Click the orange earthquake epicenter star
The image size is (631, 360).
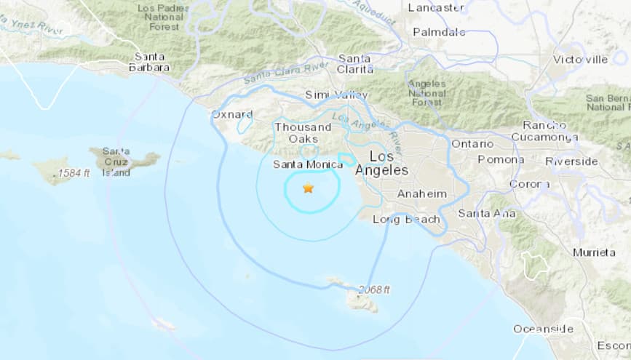click(x=308, y=188)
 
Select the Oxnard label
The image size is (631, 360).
click(x=231, y=114)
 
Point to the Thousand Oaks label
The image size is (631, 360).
click(x=298, y=133)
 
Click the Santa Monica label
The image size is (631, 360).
click(x=307, y=164)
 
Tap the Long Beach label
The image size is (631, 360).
click(x=406, y=219)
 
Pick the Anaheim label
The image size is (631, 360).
click(x=421, y=193)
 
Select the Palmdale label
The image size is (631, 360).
click(x=439, y=32)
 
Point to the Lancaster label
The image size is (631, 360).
click(x=436, y=7)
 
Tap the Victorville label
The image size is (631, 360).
click(x=580, y=59)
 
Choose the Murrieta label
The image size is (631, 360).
click(x=594, y=252)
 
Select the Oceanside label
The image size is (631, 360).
click(x=543, y=329)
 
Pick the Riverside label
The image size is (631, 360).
click(x=571, y=161)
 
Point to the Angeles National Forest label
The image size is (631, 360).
click(x=426, y=93)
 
